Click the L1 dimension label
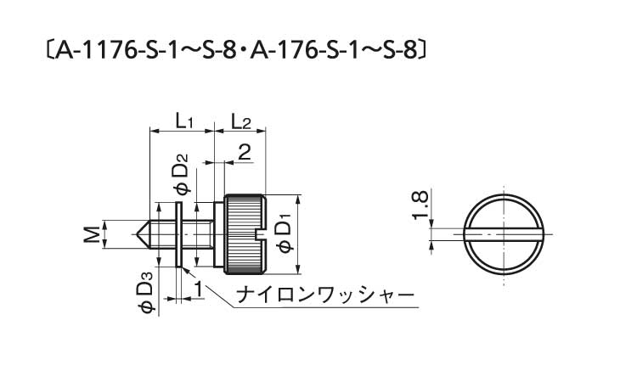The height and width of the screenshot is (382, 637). tap(184, 121)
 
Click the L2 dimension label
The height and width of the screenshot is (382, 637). tap(240, 121)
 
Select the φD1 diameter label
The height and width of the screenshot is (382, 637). tap(285, 233)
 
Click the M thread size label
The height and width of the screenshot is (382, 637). tap(91, 235)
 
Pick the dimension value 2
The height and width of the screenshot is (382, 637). tap(244, 153)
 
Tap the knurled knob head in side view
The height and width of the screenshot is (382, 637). tap(245, 234)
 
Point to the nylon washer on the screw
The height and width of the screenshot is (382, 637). tap(178, 235)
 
